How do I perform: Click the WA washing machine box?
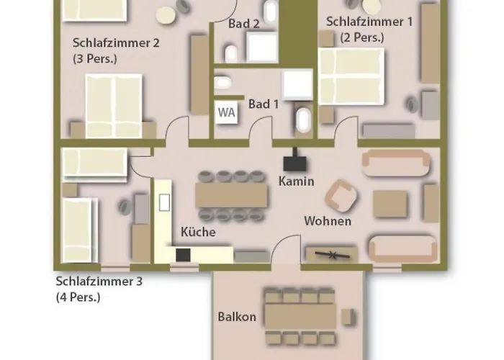point(227,112)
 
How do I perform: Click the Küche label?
point(198,232)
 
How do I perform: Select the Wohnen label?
point(328,221)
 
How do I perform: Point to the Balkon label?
point(237,317)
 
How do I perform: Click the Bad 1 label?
point(264,104)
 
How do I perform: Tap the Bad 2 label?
point(243,24)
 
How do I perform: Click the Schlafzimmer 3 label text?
point(99,282)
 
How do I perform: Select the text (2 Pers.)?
point(362,37)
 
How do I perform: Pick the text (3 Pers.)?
point(95,59)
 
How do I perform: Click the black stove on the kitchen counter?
point(183,255)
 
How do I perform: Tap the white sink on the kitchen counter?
point(164,202)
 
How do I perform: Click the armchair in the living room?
point(341,195)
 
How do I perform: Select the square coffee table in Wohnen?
point(390,204)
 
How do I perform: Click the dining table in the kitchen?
point(231,195)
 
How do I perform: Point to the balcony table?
point(300,317)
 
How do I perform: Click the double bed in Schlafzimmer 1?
point(351,76)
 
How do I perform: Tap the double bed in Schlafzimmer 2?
point(114,107)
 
